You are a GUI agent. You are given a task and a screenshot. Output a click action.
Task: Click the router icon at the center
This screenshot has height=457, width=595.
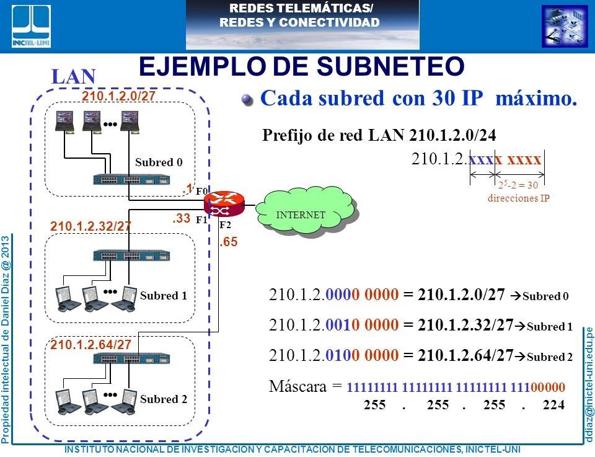coord(225,205)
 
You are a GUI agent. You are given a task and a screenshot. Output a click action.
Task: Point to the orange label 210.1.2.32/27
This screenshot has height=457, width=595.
coord(90,226)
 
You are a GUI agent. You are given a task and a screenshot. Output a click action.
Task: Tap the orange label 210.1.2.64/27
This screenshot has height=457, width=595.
coord(90,344)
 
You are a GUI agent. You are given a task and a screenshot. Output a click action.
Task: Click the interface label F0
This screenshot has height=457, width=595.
coord(202,192)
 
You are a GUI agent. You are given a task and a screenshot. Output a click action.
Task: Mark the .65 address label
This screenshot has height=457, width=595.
coord(229,243)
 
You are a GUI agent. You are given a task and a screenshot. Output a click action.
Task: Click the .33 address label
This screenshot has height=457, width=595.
coord(181,218)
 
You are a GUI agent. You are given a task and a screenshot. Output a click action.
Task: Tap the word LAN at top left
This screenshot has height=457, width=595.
coord(74,76)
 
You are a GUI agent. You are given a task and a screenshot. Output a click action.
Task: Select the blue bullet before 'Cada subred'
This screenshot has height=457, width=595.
coord(248,100)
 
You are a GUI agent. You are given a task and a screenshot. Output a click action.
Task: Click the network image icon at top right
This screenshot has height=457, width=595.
coord(564,25)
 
